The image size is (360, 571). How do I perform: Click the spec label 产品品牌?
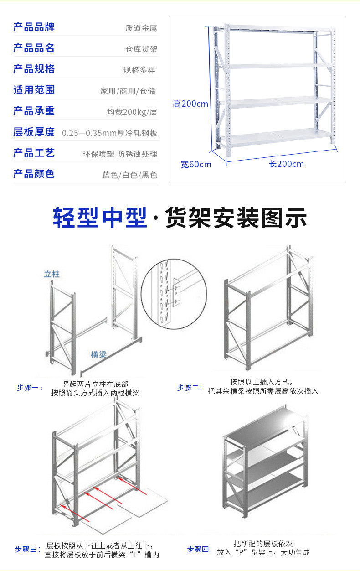tap(34, 27)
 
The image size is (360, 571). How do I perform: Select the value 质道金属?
tap(141, 28)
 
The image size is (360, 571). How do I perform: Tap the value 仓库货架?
tap(141, 49)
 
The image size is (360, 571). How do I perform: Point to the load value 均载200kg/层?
tap(132, 112)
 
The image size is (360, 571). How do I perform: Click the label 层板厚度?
tap(34, 132)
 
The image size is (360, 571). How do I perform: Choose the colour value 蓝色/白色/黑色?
tap(130, 175)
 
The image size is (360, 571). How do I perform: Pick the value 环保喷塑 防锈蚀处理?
tap(120, 154)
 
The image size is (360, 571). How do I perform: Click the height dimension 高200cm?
tap(190, 104)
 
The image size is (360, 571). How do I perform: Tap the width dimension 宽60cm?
tap(196, 164)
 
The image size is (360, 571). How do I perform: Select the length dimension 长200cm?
tap(286, 164)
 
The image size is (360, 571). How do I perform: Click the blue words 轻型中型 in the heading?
tap(100, 218)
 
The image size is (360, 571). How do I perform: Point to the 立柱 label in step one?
tap(51, 274)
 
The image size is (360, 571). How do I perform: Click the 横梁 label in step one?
tap(98, 354)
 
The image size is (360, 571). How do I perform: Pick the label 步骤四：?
tap(200, 550)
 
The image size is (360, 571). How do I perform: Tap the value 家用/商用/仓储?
tap(128, 91)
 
